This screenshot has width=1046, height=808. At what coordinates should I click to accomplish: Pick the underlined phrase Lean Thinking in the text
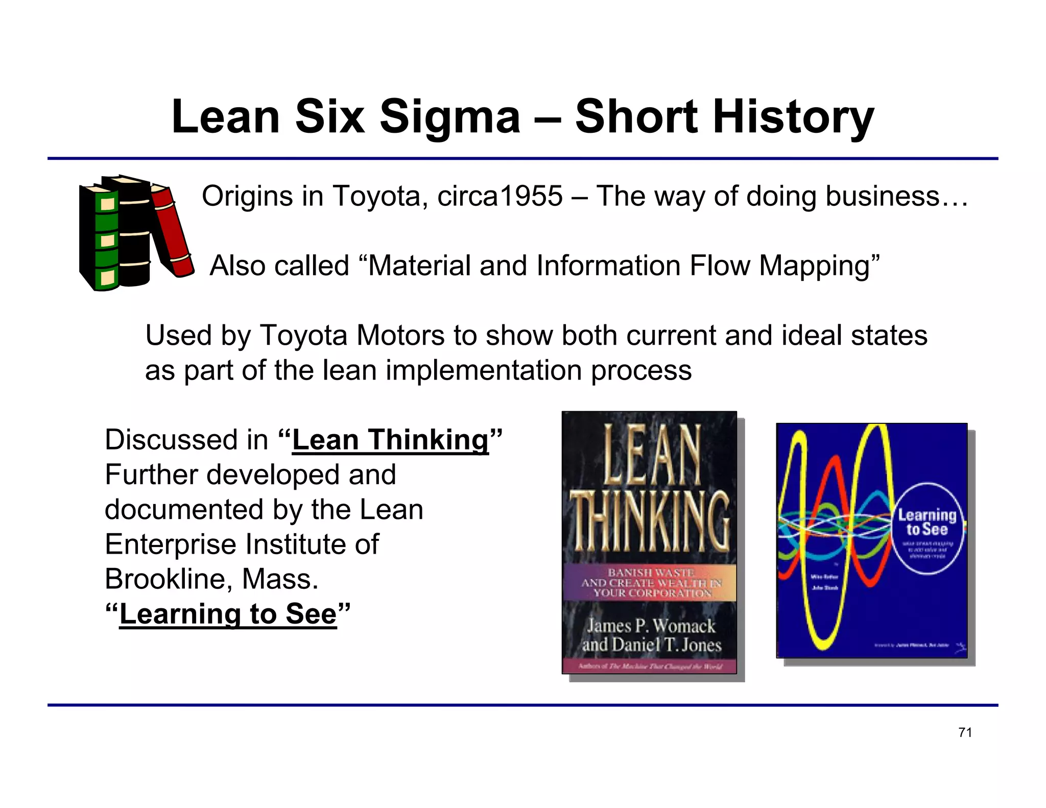click(390, 440)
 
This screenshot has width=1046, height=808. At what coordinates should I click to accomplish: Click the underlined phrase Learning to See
click(228, 613)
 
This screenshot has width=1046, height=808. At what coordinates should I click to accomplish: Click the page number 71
click(965, 732)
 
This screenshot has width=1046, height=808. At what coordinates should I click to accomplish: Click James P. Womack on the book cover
click(650, 626)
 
